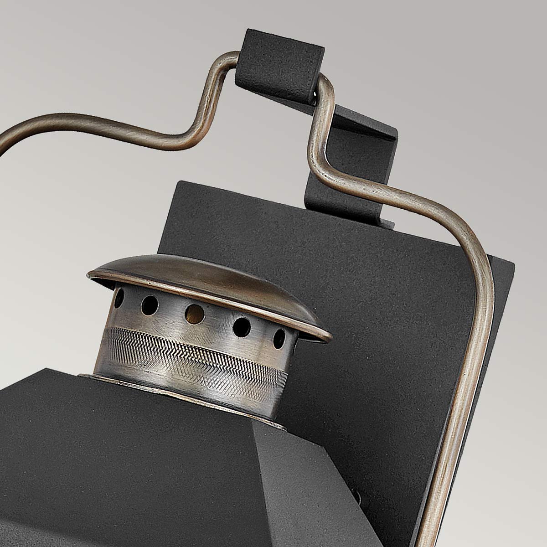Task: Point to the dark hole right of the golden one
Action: point(242,326)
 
